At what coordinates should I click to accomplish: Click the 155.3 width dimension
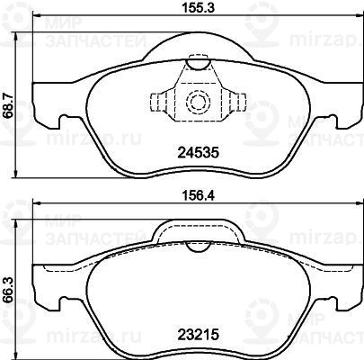199,7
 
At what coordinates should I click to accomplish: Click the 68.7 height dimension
8,105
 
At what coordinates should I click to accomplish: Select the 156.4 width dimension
199,196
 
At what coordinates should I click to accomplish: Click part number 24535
199,153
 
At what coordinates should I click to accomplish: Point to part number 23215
199,334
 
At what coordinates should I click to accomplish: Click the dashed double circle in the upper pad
198,102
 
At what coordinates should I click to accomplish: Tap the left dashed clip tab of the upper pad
158,102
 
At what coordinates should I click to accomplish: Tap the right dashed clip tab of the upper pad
237,102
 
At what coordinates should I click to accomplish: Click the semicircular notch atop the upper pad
198,65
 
